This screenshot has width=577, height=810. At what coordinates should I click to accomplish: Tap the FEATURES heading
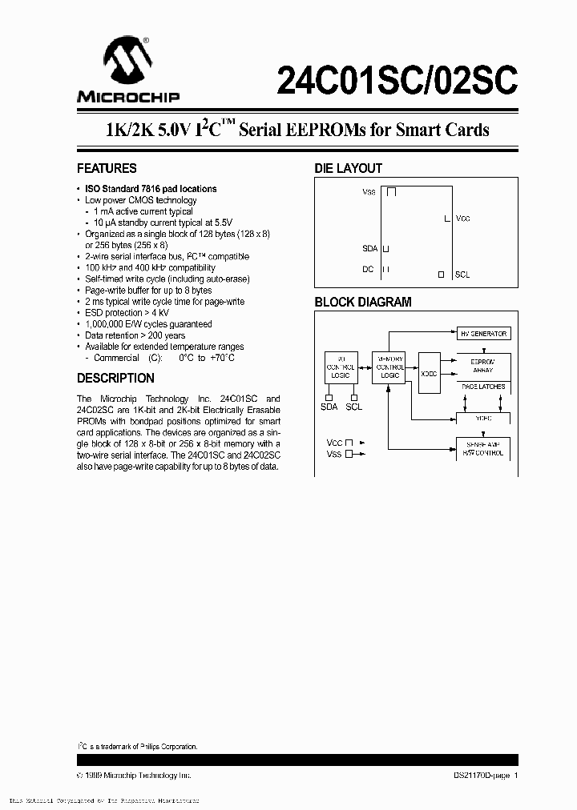tap(107, 169)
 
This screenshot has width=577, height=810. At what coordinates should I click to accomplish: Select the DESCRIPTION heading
tap(115, 379)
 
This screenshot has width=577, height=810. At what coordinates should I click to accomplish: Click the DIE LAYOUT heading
tap(348, 169)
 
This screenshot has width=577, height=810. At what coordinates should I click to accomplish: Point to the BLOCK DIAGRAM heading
tap(362, 303)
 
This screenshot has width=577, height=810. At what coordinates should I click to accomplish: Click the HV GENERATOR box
tap(482, 334)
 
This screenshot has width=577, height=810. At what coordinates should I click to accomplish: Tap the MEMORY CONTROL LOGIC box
tap(390, 367)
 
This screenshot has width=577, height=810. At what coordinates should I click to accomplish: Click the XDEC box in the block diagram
tap(430, 374)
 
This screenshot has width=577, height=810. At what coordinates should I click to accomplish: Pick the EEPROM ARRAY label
tap(482, 366)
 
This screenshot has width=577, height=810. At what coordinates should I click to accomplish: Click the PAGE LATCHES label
tap(482, 387)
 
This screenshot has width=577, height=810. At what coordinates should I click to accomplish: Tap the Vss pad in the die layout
tap(392, 192)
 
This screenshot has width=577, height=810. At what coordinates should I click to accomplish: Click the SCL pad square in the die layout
tap(441, 275)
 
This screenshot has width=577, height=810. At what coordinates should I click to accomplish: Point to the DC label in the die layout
tap(368, 269)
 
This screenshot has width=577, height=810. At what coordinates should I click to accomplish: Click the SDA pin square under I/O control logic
tap(329, 396)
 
